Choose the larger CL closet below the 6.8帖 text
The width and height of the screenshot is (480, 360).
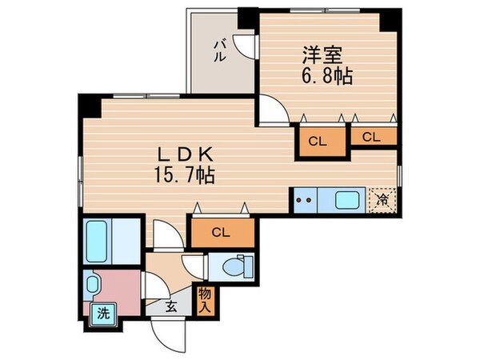(318, 142)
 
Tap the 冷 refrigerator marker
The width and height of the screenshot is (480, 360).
(382, 199)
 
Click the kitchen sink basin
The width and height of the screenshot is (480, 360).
(347, 199)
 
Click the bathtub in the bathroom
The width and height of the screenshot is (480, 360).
(102, 236)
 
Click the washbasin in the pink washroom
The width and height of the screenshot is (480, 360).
(94, 284)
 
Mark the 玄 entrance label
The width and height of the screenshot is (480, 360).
(170, 306)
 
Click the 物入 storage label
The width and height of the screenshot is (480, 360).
(205, 300)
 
